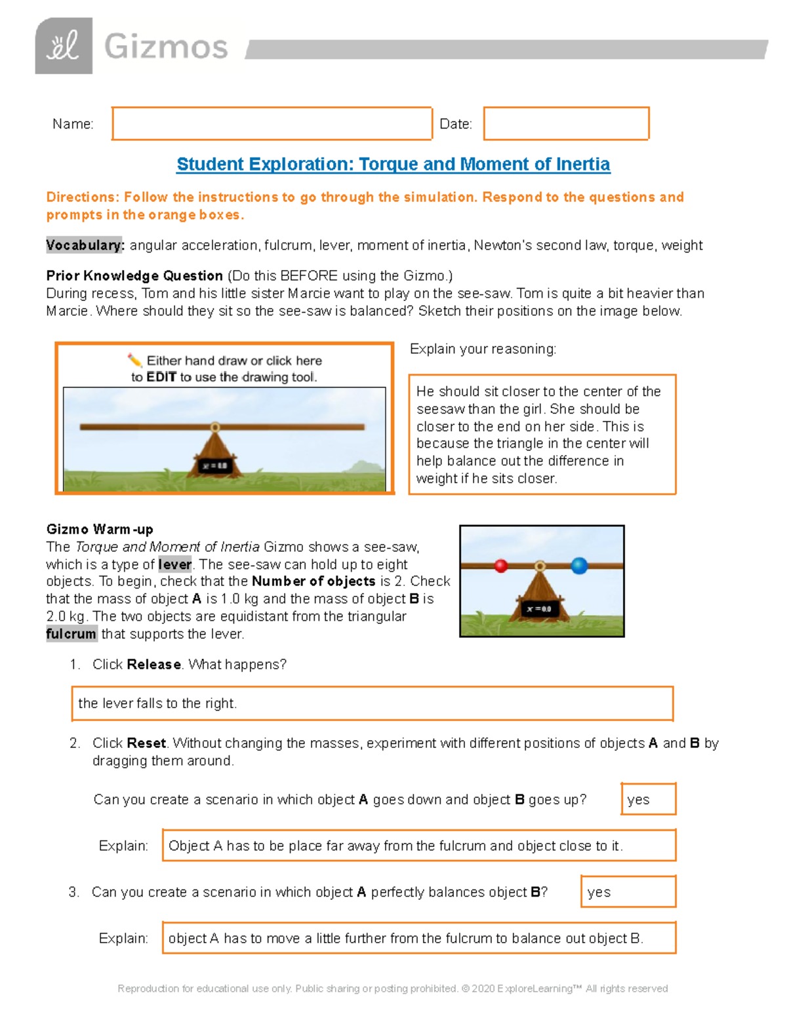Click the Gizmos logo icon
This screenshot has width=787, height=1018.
(x=64, y=46)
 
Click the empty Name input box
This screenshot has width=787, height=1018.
(x=272, y=123)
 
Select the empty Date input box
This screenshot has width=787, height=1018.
(x=566, y=123)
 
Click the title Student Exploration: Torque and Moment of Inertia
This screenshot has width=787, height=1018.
(x=393, y=164)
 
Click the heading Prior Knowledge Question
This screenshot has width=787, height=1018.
(x=134, y=275)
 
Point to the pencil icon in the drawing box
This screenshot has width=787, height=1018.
(x=134, y=360)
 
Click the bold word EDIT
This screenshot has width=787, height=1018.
(x=161, y=377)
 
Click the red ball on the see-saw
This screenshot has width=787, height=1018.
(x=501, y=566)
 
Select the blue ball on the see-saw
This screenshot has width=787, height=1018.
(x=579, y=566)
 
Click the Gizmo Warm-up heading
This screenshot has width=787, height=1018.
(x=100, y=529)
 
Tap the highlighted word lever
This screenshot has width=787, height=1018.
(x=175, y=564)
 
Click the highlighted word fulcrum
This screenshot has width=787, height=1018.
(x=71, y=634)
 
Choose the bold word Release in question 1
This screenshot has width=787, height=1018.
(x=154, y=664)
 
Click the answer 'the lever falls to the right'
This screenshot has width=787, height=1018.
(x=157, y=703)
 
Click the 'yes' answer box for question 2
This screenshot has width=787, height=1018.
(x=648, y=799)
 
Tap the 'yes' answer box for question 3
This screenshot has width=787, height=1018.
(x=628, y=891)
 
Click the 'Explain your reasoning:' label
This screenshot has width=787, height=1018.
(x=483, y=349)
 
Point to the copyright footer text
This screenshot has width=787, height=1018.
(x=393, y=989)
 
